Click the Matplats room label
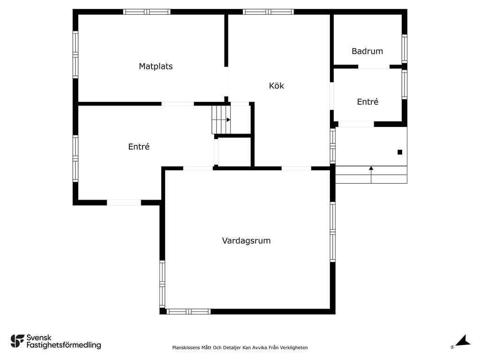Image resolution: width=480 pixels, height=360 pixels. click(156, 66)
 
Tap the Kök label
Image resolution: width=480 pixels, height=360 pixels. click(277, 85)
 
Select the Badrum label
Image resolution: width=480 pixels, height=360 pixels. click(367, 51)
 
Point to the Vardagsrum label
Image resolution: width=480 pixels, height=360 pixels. click(247, 240)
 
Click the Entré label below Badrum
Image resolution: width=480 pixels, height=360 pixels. click(367, 102)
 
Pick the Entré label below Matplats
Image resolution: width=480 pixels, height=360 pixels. click(139, 147)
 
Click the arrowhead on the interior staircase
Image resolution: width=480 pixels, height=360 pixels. click(228, 120)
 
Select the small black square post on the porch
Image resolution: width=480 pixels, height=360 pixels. click(400, 152)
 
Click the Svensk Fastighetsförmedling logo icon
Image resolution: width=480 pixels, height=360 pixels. click(17, 341)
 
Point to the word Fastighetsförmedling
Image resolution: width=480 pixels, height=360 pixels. click(64, 345)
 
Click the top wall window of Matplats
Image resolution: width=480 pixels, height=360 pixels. click(147, 12)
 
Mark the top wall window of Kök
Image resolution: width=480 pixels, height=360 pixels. click(269, 12)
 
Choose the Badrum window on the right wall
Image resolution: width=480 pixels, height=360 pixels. click(405, 49)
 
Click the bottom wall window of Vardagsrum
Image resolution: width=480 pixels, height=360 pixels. click(188, 312)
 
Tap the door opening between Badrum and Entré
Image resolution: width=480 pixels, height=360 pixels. click(374, 67)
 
